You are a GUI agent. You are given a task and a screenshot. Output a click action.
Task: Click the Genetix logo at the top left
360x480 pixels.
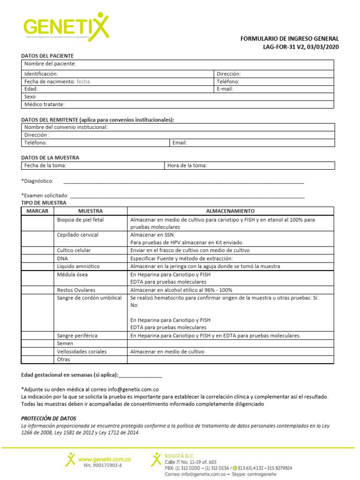tap(66, 27)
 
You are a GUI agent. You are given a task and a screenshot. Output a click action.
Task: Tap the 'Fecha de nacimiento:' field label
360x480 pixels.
tap(49, 81)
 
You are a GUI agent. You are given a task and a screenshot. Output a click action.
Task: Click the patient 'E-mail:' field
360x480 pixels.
tap(274, 89)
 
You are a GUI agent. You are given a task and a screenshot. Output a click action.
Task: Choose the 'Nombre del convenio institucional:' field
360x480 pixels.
tap(178, 127)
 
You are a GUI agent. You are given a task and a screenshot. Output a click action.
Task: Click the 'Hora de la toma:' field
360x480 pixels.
tap(249, 165)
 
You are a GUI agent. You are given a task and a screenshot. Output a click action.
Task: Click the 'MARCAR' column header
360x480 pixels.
tap(37, 211)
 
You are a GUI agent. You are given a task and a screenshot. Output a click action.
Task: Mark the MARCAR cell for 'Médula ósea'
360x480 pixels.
tap(37, 278)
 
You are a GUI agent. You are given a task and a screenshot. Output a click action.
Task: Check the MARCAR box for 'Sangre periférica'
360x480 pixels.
tap(37, 336)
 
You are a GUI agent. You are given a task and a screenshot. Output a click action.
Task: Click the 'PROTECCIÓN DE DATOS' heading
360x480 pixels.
tap(48, 418)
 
